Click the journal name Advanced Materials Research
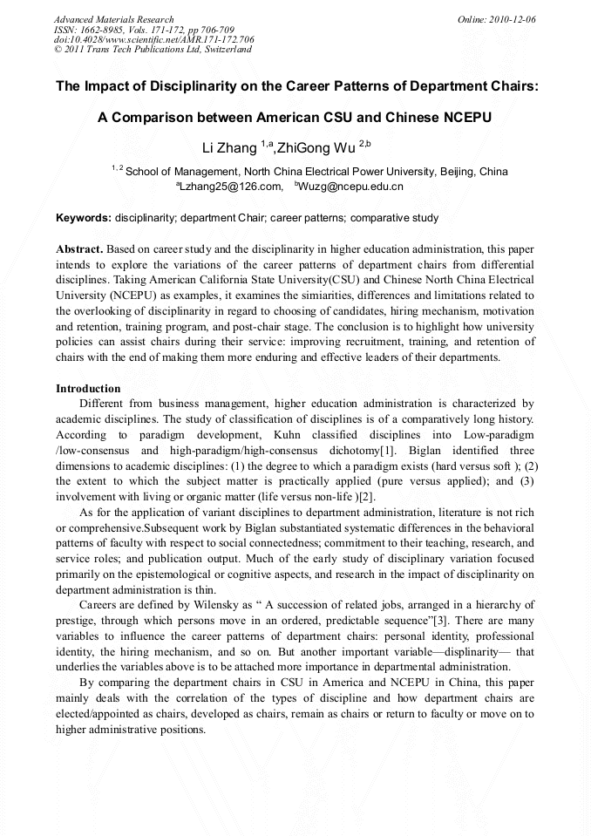[113, 19]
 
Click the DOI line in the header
[153, 40]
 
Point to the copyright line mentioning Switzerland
[153, 50]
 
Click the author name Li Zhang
[229, 146]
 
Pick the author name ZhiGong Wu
[317, 146]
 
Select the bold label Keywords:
[83, 217]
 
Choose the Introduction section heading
[88, 388]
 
